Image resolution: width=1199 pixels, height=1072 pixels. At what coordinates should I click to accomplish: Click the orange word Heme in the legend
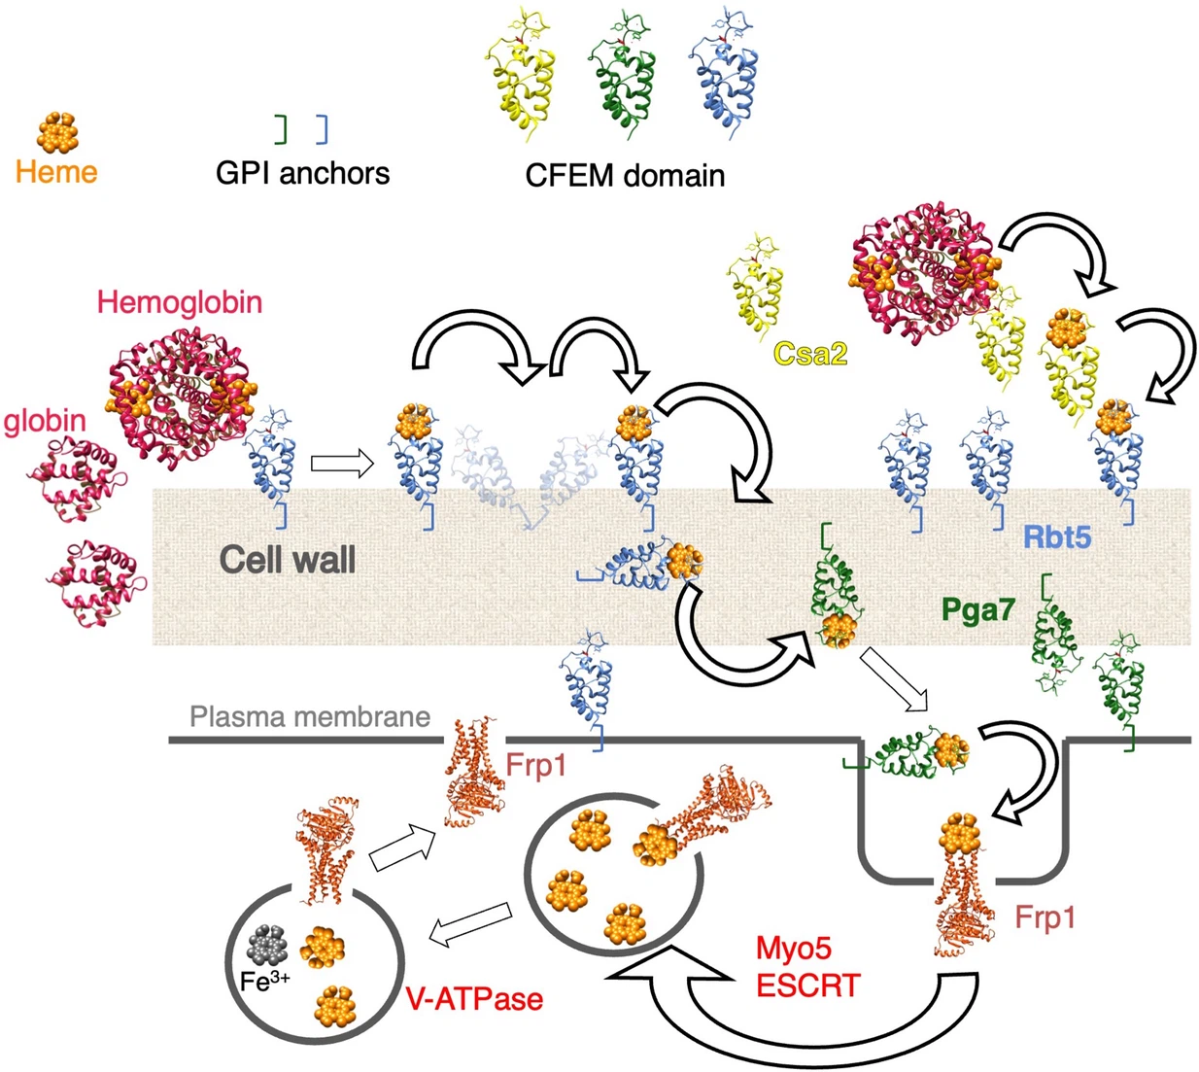(x=56, y=173)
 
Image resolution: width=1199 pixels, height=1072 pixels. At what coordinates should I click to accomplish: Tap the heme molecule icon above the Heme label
(x=57, y=131)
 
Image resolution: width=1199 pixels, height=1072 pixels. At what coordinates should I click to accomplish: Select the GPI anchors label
(x=302, y=174)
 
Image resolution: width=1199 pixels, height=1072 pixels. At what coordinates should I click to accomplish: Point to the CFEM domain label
(x=625, y=176)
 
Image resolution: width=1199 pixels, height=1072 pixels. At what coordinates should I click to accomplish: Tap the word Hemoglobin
(x=180, y=302)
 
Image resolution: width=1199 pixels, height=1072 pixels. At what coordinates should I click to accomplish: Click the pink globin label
(x=45, y=421)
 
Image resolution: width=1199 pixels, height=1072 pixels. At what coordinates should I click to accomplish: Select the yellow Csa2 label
(x=810, y=353)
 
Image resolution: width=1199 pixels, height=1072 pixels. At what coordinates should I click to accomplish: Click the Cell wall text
(x=287, y=559)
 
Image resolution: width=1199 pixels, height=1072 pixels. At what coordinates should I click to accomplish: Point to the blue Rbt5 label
(x=1057, y=536)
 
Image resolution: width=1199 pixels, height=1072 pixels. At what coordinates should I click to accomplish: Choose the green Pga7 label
(x=978, y=610)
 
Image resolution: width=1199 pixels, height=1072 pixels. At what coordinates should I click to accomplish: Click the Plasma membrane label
(x=310, y=717)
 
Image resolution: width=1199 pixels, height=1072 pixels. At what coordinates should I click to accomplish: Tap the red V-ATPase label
(x=474, y=999)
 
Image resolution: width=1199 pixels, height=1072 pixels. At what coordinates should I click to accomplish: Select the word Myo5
(x=794, y=949)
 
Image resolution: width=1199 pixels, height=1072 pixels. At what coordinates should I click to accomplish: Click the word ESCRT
(x=808, y=986)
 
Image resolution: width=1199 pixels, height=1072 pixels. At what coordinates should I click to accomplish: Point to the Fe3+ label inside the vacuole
(x=263, y=982)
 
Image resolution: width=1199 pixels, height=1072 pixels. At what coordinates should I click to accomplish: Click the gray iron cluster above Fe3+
(x=267, y=943)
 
